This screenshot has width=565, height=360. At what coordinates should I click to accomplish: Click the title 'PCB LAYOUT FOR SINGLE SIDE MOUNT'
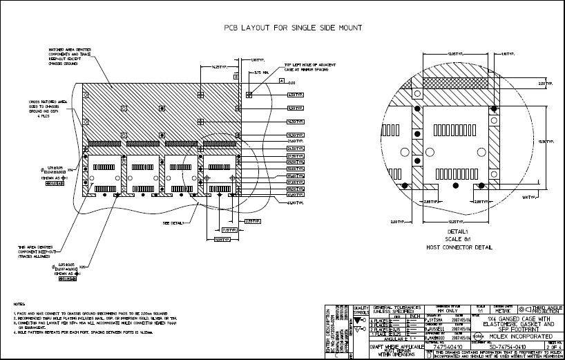(x=294, y=28)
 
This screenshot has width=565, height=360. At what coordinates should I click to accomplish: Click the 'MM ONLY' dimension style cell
(x=448, y=312)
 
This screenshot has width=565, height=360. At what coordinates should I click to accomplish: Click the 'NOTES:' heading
(x=20, y=304)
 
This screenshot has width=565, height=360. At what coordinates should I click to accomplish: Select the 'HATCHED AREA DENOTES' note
(x=66, y=50)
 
